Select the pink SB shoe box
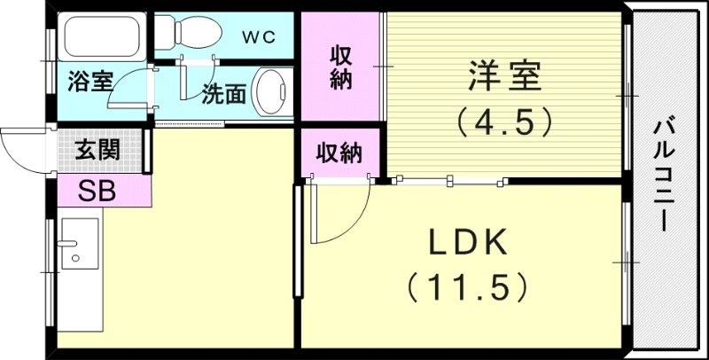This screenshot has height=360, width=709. (97, 190)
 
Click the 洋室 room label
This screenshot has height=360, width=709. (503, 76)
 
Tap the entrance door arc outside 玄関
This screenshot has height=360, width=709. (22, 149)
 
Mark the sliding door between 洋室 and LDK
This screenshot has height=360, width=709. (452, 182)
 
